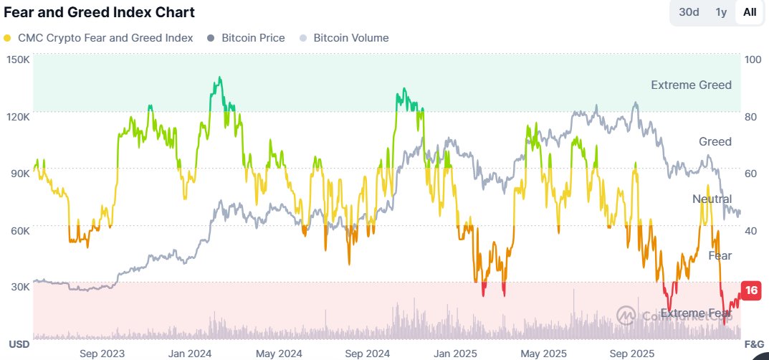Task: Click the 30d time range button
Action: pos(689,12)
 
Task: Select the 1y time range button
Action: pos(721,12)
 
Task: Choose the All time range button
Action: pos(750,12)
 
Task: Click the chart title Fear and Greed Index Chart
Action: pos(100,12)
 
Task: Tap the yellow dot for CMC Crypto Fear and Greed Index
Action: pos(7,38)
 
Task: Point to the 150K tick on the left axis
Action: pos(17,60)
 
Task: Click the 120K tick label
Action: pos(17,116)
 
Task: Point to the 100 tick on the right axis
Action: pos(753,60)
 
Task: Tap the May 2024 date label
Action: pos(280,354)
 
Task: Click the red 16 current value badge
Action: pos(751,290)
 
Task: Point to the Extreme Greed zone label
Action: pos(691,85)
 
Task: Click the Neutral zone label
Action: pos(712,199)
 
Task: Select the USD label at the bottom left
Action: pos(19,344)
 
